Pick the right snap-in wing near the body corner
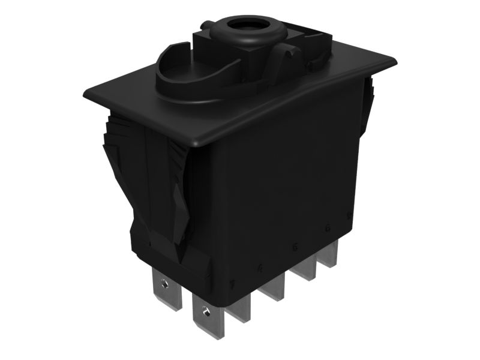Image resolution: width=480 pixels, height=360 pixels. (x=180, y=192)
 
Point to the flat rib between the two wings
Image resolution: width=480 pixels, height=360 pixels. (x=150, y=180)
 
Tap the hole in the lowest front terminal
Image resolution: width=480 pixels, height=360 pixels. (x=206, y=310)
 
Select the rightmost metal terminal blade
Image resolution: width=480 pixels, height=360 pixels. (x=327, y=255)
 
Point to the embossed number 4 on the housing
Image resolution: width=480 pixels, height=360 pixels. (x=259, y=268)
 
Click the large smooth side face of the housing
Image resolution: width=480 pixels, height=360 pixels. (x=282, y=180)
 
